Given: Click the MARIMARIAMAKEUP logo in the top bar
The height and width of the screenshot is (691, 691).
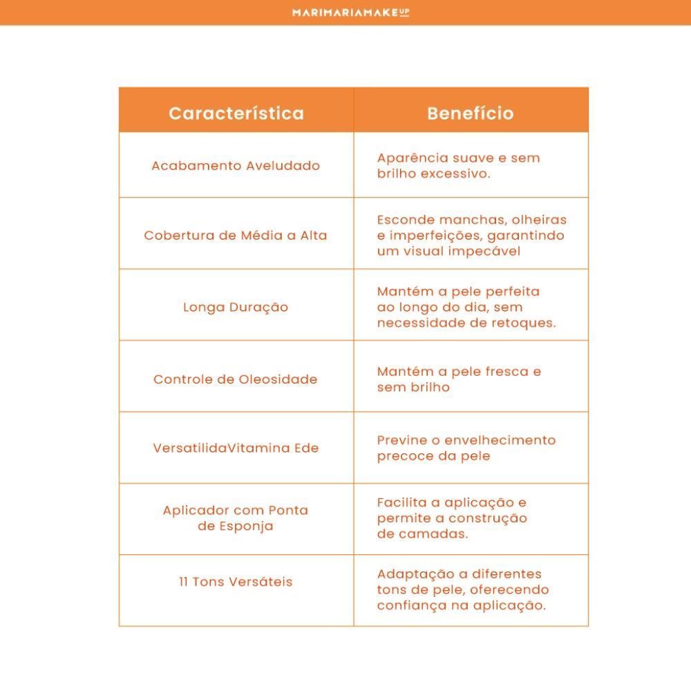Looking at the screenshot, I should pos(350,12).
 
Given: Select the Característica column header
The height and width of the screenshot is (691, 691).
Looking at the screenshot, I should pos(236,113).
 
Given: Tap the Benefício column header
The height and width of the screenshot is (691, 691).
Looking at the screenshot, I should pos(471,113).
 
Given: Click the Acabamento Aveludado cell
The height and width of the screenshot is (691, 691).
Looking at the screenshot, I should pos(236,166).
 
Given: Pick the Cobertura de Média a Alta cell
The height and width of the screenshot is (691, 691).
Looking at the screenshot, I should pos(236,236).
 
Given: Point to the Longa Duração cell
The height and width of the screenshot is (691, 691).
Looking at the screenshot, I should pos(236,307).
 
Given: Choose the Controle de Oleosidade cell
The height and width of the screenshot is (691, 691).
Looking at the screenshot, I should pos(236,379).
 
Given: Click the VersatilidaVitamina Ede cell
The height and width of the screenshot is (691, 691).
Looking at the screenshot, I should pos(236,448).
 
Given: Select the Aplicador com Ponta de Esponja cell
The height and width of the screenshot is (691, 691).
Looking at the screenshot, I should pos(236,518).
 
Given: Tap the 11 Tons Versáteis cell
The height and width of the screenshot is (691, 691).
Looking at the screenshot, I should pos(236,582).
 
